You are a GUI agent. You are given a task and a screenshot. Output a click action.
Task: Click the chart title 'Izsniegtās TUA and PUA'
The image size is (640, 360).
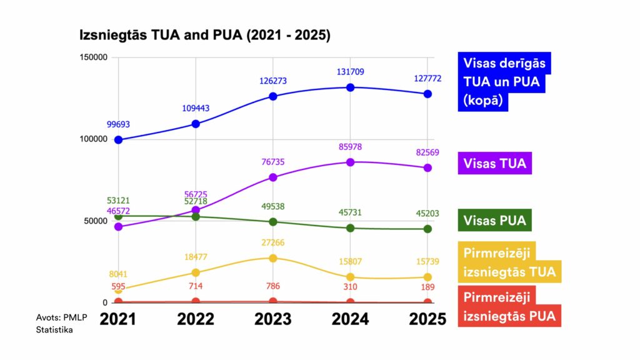[204, 35]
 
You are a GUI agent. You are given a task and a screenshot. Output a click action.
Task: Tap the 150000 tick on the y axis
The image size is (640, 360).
[94, 57]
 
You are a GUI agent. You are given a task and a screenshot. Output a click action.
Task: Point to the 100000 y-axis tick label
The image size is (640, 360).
[94, 139]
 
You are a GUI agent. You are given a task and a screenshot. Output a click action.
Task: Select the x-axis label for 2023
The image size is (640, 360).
[273, 319]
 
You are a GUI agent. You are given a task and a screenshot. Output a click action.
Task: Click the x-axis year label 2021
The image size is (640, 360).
[118, 319]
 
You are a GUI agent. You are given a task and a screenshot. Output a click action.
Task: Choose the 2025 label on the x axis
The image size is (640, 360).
[427, 319]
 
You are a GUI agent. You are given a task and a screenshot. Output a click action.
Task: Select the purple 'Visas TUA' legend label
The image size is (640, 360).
[495, 164]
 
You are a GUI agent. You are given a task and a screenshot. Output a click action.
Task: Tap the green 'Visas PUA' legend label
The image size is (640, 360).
[494, 221]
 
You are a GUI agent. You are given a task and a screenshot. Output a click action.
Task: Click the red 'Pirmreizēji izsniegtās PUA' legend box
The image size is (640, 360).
[509, 307]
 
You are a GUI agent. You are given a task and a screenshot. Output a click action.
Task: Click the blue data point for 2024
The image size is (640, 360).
[351, 87]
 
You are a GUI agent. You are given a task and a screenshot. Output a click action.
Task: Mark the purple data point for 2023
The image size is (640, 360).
[273, 177]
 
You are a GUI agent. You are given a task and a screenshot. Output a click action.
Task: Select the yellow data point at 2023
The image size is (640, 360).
[273, 258]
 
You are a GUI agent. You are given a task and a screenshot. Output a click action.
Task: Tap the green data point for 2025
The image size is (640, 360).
[427, 229]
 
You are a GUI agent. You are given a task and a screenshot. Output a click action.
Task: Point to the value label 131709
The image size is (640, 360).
[351, 72]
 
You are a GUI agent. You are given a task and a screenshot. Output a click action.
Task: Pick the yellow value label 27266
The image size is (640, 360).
[273, 242]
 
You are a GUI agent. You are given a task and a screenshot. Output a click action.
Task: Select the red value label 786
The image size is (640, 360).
[273, 287]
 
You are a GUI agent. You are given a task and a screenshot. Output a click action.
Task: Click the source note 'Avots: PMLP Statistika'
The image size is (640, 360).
[61, 323]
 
